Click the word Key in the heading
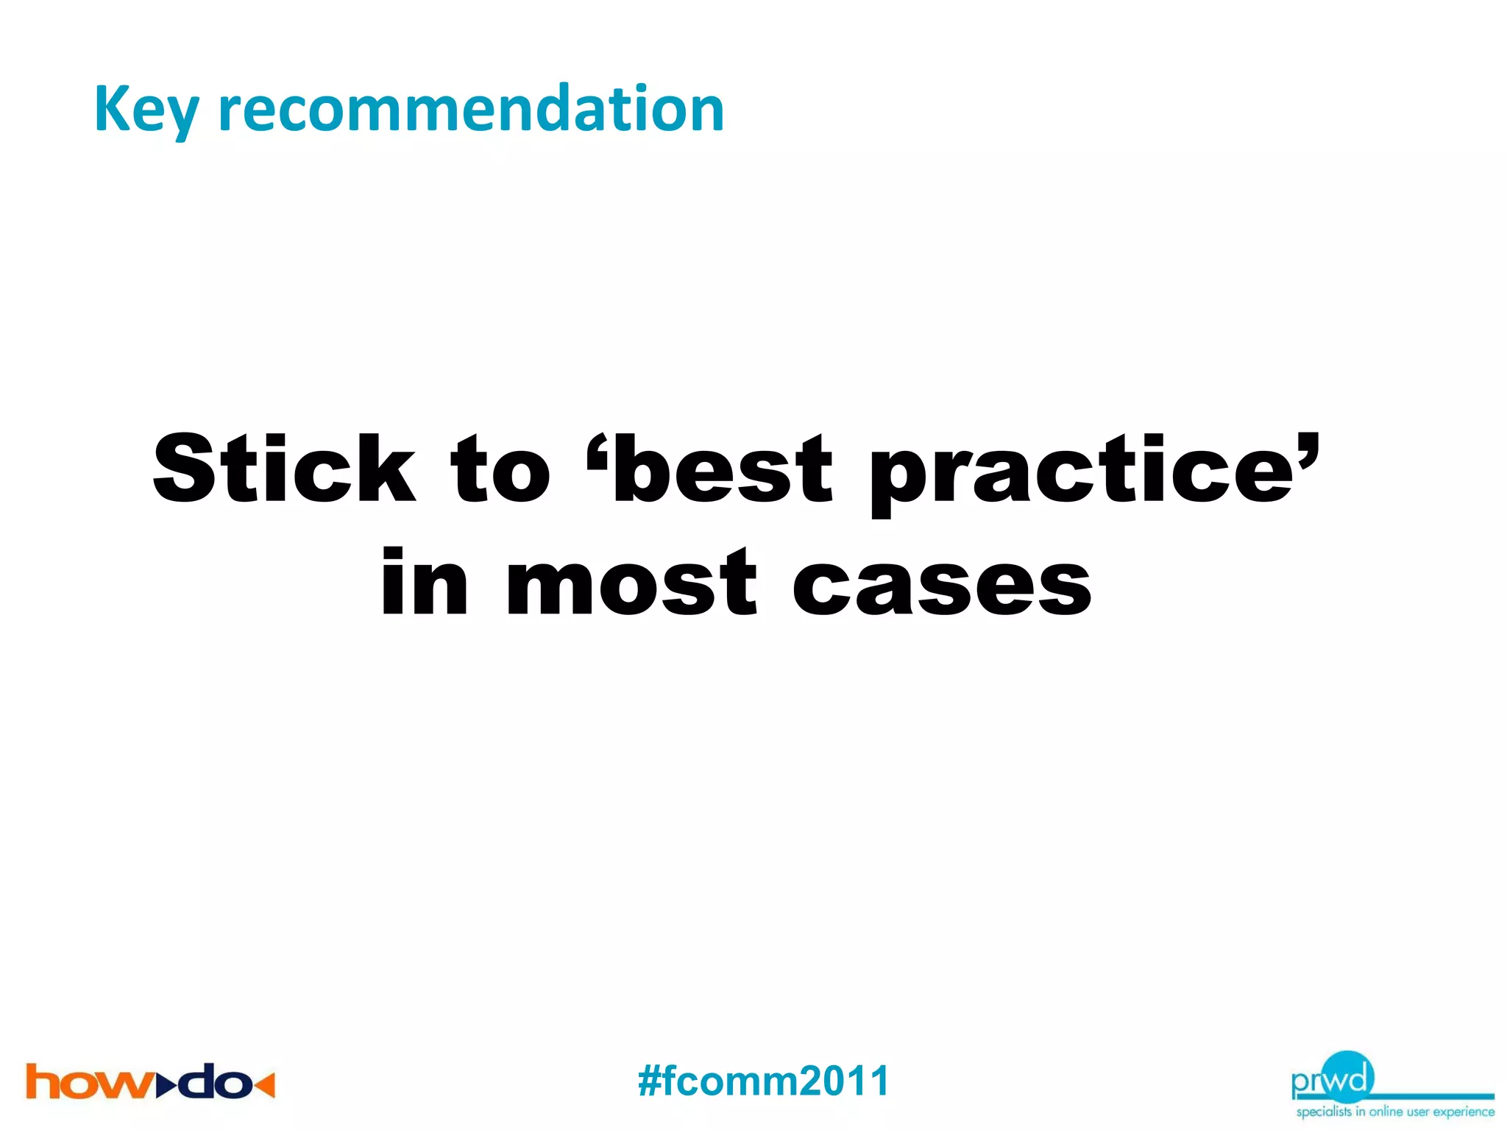point(146,110)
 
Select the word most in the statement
point(631,585)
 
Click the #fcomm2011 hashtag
point(764,1081)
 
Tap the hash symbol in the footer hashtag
point(650,1081)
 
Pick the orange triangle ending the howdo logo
point(265,1084)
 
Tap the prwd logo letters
point(1332,1079)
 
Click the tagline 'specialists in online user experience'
point(1395,1112)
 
